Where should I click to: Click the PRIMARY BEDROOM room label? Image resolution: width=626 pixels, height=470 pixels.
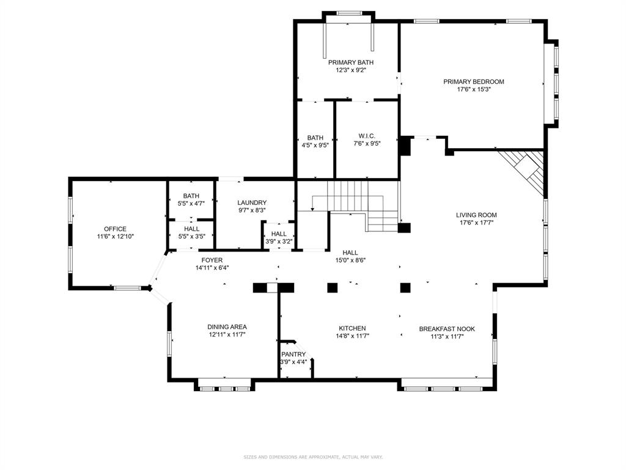click(474, 81)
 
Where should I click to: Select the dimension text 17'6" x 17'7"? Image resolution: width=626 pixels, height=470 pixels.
click(476, 223)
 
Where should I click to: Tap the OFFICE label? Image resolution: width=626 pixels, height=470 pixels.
click(115, 229)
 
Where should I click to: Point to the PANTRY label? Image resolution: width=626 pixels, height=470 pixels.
click(293, 354)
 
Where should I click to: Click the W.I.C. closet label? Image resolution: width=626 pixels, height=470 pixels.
click(367, 136)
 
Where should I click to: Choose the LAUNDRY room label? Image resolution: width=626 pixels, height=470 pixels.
click(252, 203)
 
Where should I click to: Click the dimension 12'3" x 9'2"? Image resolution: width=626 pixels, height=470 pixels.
click(350, 70)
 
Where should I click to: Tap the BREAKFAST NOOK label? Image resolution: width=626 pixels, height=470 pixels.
click(447, 329)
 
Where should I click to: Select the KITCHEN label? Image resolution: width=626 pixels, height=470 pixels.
click(352, 328)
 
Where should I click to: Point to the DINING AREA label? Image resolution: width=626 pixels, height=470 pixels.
click(227, 327)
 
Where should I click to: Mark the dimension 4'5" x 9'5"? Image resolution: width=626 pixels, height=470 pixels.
click(315, 146)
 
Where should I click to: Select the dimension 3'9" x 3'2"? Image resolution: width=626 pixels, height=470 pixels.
click(279, 242)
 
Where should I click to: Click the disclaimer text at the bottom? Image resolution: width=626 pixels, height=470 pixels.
click(313, 457)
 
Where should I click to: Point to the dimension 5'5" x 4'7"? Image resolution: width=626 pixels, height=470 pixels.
click(191, 203)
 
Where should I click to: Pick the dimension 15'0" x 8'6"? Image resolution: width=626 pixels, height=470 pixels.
click(350, 260)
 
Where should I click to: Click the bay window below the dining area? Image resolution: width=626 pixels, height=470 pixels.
click(226, 386)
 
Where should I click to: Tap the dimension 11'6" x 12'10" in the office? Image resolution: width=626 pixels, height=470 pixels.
click(115, 236)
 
